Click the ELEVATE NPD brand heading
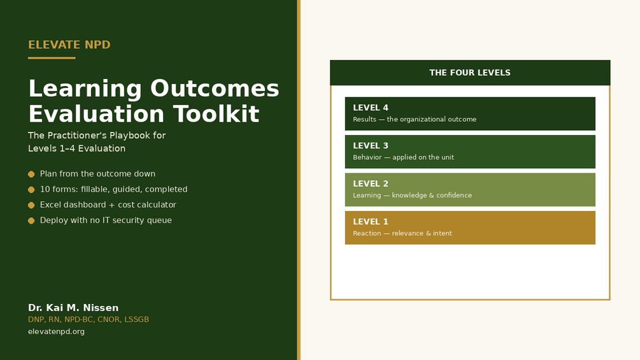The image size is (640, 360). click(69, 45)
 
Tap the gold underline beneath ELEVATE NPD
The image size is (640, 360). click(52, 58)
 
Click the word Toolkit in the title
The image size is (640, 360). click(217, 114)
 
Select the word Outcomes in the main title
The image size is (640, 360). click(215, 89)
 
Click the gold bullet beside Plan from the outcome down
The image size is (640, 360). click(31, 175)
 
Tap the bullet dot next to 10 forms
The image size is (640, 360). click(31, 190)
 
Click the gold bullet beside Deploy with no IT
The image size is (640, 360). click(31, 221)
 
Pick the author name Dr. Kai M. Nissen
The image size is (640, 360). click(73, 308)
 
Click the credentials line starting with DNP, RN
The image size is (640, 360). click(88, 320)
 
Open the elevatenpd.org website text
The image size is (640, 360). click(56, 331)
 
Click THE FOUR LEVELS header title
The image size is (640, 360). click(470, 73)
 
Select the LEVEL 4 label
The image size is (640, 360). click(371, 108)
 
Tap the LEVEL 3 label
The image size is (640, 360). click(371, 146)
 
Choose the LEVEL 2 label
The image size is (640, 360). click(371, 184)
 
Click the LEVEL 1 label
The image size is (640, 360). click(371, 222)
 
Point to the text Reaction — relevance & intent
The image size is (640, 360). click(402, 233)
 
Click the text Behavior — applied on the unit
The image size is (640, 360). click(403, 157)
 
